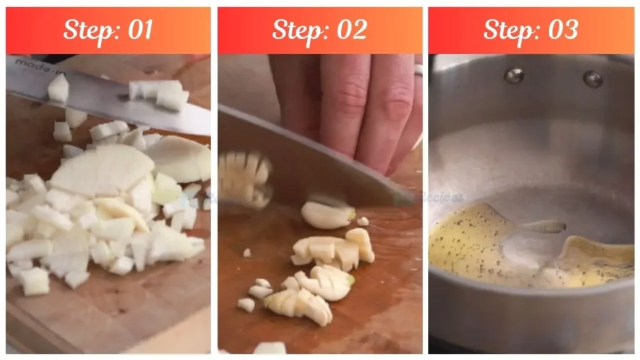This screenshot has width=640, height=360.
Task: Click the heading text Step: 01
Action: [108, 30]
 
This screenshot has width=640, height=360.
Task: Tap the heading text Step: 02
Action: [319, 30]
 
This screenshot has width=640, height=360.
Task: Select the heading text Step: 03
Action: [531, 30]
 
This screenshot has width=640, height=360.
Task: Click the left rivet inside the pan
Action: [514, 76]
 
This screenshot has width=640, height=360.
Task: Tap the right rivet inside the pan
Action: [592, 79]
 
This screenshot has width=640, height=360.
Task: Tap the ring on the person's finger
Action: [418, 70]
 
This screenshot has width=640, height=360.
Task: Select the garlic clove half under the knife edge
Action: [327, 214]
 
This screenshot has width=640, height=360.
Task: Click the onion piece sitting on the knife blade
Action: [58, 89]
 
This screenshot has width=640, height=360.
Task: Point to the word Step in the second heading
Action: [296, 30]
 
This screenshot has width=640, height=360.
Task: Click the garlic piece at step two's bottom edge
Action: [269, 348]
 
